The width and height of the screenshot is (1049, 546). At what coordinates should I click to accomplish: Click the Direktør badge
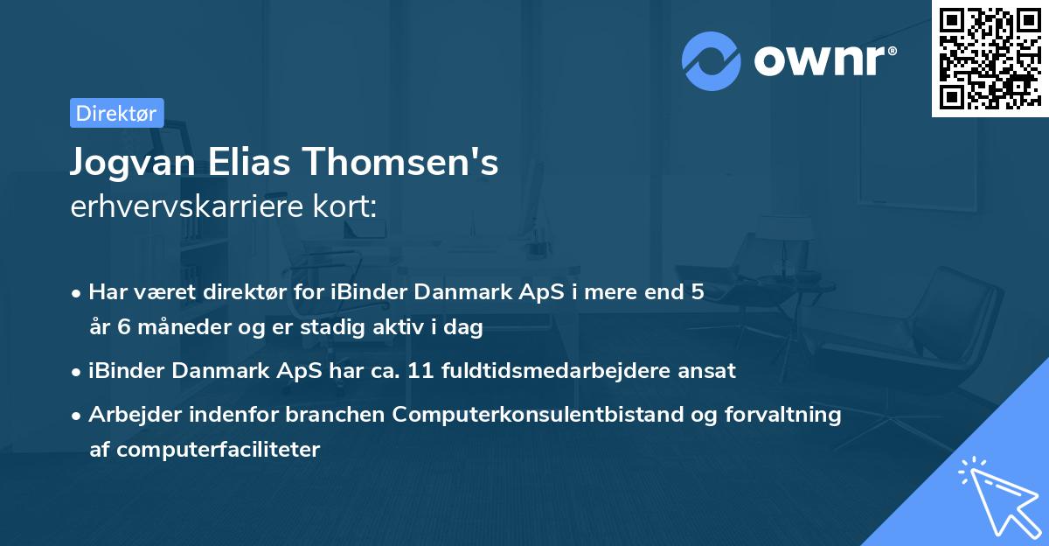coord(116,113)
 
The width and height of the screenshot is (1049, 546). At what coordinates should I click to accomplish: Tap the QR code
coord(990,59)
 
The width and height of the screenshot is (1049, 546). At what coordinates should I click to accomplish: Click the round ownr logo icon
coord(712,61)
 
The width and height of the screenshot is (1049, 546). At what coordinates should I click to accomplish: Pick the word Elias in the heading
coord(265,164)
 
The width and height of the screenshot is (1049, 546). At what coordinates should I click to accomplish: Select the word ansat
coord(710,371)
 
